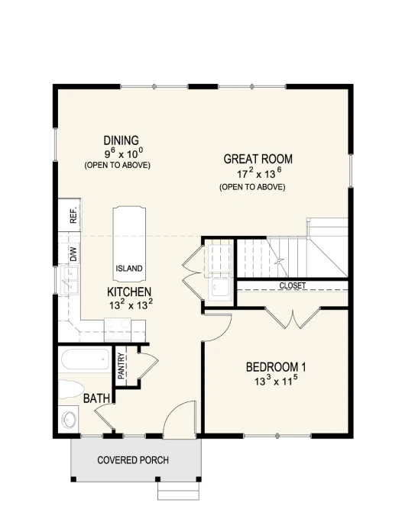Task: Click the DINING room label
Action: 121,140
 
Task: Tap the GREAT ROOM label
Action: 258,159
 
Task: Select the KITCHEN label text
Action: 129,292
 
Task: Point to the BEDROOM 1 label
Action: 276,367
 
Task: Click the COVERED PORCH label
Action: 133,460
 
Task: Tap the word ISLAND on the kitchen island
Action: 129,268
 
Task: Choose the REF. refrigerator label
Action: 73,214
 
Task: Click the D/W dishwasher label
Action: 73,254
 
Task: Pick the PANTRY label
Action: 121,366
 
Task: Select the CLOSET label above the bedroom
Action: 292,285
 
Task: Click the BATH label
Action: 96,398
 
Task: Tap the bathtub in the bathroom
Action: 85,359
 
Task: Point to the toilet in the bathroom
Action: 70,389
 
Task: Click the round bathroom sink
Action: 69,419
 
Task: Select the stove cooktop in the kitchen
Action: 118,330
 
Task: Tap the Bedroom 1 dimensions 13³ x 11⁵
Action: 276,381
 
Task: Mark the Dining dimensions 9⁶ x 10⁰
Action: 124,153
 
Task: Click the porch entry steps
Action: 178,491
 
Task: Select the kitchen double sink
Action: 70,281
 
